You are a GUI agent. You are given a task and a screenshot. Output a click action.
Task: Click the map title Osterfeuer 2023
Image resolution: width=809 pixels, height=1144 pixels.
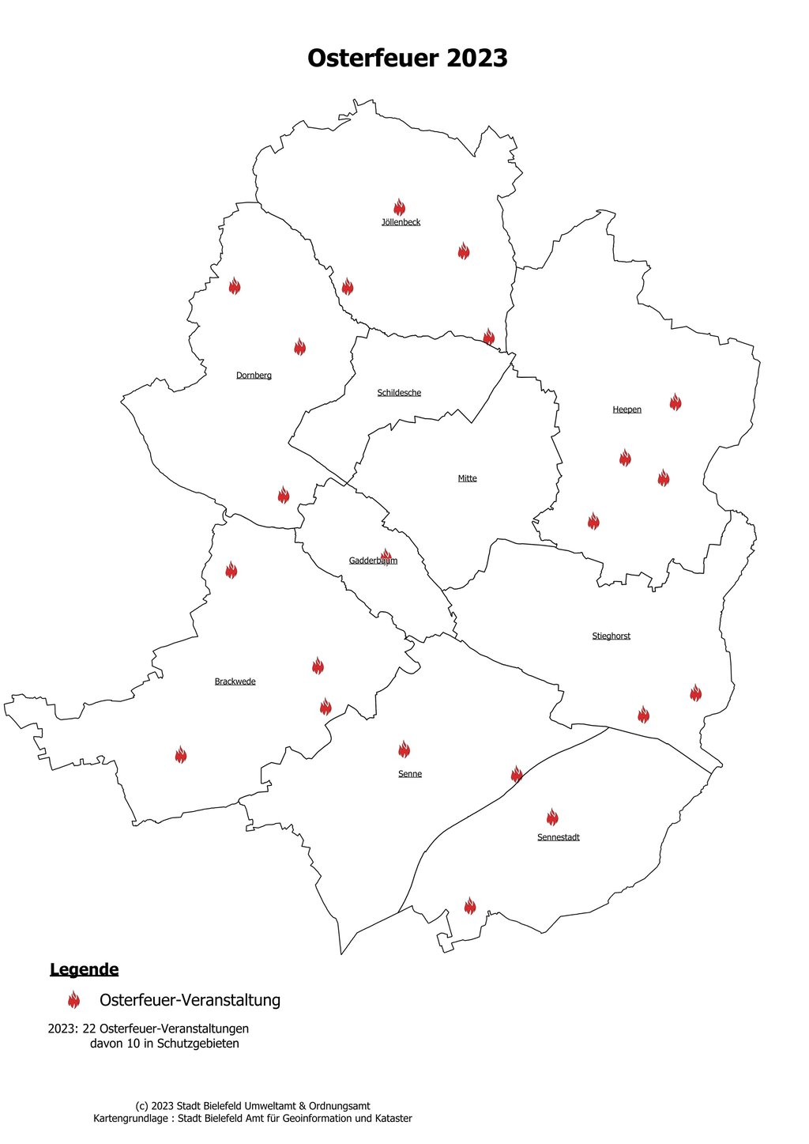point(407,59)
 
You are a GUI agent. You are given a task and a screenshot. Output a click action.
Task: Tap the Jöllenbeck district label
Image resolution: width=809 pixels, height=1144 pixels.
point(401,222)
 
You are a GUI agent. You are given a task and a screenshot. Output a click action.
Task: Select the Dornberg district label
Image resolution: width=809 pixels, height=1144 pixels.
point(254,376)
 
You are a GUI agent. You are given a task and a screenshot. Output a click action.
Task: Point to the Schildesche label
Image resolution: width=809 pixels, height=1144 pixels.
point(399,393)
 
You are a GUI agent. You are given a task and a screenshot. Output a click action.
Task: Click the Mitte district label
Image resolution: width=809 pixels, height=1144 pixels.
point(467,478)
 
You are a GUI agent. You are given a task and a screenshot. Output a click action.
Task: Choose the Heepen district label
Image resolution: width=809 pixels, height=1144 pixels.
point(627,410)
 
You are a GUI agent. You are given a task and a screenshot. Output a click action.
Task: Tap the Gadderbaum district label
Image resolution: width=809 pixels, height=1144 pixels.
point(373,561)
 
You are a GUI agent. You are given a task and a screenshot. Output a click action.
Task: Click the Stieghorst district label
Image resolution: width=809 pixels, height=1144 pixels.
point(611,636)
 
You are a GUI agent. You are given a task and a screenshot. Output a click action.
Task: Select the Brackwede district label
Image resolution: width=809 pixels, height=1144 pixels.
point(235,681)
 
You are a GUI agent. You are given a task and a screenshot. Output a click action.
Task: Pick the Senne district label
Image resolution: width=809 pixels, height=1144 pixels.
point(410,774)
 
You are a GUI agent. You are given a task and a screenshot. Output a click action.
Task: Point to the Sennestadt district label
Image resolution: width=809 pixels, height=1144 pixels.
point(558,837)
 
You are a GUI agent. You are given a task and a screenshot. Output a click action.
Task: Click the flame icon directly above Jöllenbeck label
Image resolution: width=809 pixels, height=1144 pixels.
point(399,207)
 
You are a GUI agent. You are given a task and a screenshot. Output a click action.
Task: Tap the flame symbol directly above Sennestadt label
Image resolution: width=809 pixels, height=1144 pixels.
point(551,817)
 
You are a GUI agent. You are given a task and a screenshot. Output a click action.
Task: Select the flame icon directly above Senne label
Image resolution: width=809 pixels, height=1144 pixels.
point(404,749)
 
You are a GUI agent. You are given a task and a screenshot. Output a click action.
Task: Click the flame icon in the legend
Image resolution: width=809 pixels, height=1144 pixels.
point(73,1000)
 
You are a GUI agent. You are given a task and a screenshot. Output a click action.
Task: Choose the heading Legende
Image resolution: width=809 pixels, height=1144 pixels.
point(84,969)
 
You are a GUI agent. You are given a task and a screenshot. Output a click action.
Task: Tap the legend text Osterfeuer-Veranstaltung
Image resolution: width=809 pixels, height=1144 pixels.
point(190,1000)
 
